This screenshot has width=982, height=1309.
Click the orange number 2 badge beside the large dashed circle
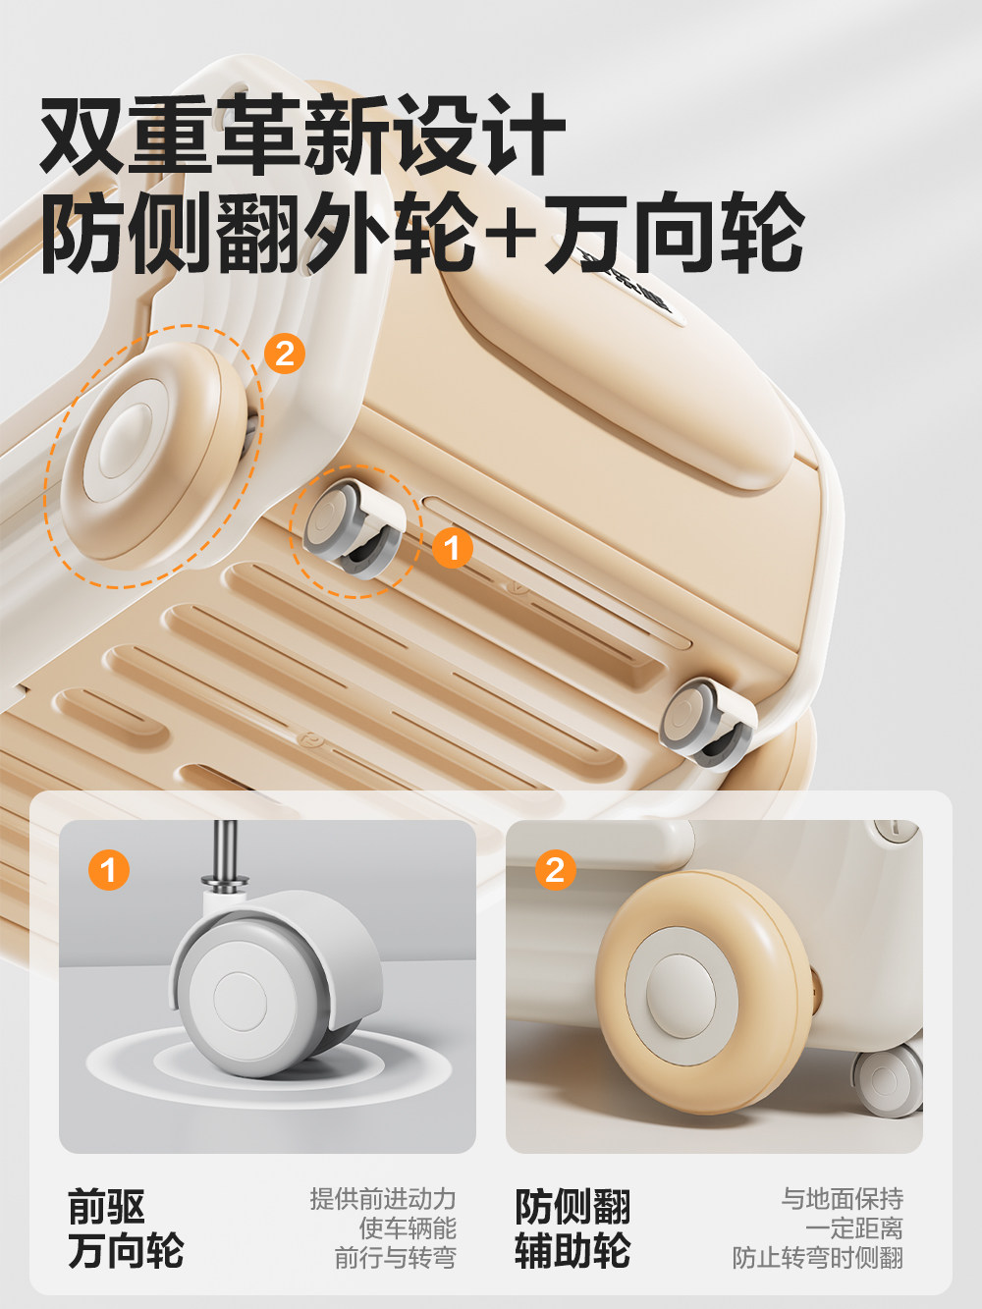click(285, 353)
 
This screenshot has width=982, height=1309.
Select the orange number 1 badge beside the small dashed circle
click(452, 548)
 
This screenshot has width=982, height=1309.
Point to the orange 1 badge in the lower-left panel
click(108, 869)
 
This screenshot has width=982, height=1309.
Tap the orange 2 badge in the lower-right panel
click(555, 869)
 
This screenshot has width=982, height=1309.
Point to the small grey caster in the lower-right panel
click(888, 1080)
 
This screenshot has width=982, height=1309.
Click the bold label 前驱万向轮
click(125, 1228)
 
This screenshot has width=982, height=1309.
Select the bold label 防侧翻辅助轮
click(573, 1228)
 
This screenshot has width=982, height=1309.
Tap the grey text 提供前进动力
click(383, 1199)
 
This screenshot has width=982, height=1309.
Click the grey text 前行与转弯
click(395, 1258)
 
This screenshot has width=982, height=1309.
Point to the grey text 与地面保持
click(842, 1199)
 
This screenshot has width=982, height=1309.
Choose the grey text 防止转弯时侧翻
click(817, 1258)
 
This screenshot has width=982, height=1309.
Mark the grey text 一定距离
click(853, 1228)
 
